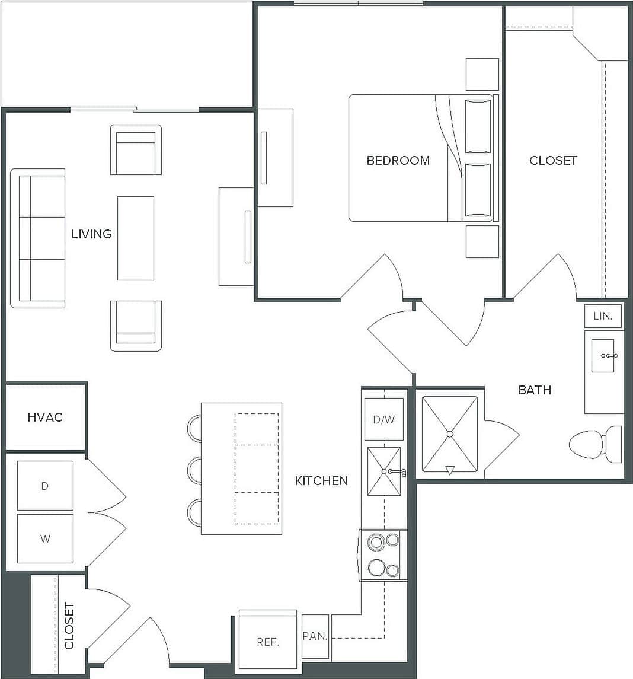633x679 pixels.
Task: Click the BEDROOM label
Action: [398, 160]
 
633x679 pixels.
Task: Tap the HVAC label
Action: [45, 417]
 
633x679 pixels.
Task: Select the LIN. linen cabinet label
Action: [603, 316]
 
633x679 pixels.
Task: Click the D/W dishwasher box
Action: [383, 420]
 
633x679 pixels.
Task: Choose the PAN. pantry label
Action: [315, 636]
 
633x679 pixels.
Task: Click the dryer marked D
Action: [45, 486]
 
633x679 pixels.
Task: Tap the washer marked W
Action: [45, 538]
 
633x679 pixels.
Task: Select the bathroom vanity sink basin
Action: [603, 356]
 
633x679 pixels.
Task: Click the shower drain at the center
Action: [450, 434]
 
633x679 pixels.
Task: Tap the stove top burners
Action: [383, 556]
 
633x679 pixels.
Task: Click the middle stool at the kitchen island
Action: [194, 471]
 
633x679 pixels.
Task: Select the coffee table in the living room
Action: [135, 238]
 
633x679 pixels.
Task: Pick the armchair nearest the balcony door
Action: [136, 150]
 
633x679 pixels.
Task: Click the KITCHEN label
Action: [321, 480]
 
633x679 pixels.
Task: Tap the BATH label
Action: [535, 390]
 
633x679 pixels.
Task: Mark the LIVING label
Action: [91, 234]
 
